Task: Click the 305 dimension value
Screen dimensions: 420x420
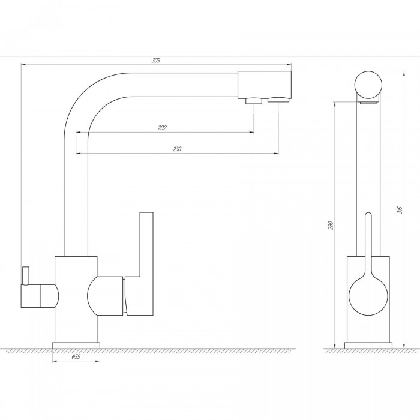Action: [x=156, y=60]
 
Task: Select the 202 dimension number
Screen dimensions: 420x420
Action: [x=162, y=128]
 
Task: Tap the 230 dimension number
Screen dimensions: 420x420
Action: [x=177, y=149]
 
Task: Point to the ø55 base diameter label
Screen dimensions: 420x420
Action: [x=76, y=356]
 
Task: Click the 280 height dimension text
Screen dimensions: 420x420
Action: [x=331, y=225]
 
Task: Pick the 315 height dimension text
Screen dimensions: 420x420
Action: [x=400, y=210]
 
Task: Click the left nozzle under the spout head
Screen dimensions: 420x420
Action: [x=254, y=101]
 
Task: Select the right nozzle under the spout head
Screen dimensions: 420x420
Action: [x=278, y=100]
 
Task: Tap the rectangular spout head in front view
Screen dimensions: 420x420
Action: [x=265, y=85]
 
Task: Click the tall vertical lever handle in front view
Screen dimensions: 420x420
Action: [x=146, y=263]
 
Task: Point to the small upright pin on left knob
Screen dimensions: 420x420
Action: [x=26, y=275]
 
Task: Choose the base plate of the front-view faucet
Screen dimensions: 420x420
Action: [x=76, y=346]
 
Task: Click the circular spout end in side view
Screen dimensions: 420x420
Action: [x=368, y=85]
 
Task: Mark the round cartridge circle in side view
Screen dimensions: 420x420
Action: [x=368, y=296]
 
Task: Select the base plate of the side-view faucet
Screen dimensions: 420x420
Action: [x=368, y=346]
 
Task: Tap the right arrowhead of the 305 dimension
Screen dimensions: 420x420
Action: [x=289, y=65]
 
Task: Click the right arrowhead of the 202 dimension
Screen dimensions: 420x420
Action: [x=252, y=132]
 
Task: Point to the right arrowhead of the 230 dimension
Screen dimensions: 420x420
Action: [x=276, y=154]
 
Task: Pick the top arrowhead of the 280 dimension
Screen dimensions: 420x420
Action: [x=335, y=104]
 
